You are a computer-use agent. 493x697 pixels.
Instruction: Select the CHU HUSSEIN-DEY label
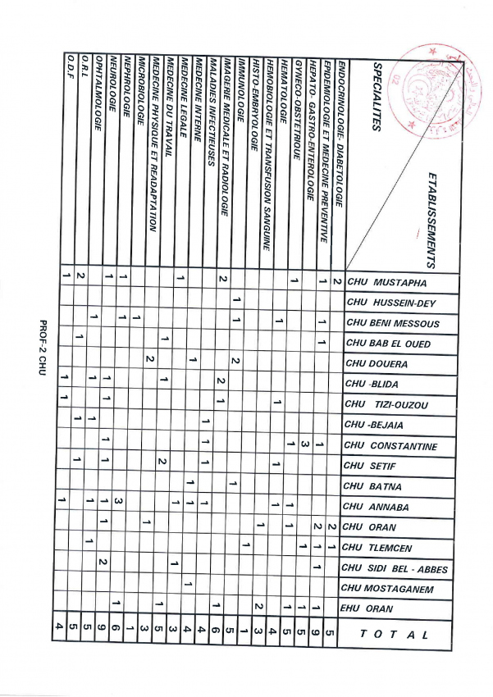(392, 303)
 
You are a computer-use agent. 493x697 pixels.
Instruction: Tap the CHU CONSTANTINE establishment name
(391, 446)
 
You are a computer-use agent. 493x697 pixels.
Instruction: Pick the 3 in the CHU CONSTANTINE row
(304, 445)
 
